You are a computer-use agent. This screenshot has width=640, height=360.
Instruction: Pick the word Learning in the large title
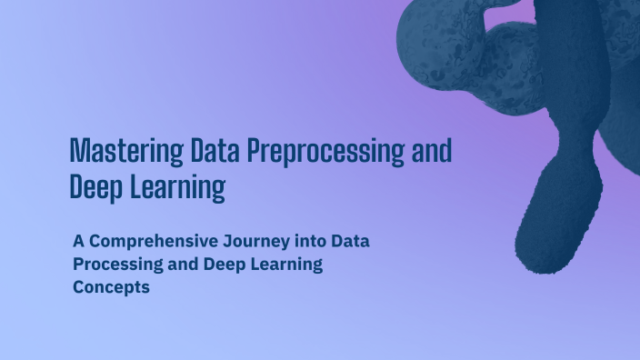177,188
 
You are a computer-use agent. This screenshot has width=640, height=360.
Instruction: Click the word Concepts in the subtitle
111,287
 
